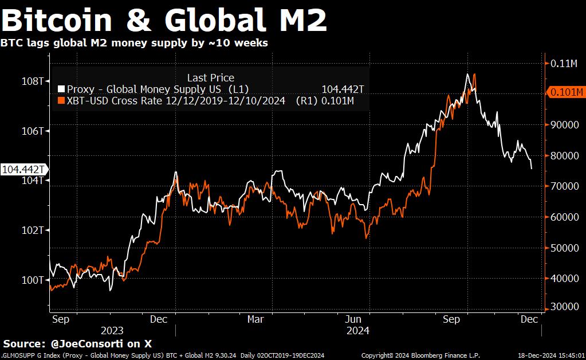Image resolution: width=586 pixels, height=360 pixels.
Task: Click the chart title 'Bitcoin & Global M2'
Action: point(164,20)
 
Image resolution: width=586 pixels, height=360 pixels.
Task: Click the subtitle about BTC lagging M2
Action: point(134,43)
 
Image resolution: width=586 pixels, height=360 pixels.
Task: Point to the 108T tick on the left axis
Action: point(33,81)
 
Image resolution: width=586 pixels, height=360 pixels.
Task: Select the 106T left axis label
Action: point(33,131)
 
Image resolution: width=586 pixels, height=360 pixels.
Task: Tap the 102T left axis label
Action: point(33,230)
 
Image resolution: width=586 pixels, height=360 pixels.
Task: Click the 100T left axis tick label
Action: point(33,280)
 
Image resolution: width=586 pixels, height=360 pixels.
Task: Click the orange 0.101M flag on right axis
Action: point(566,92)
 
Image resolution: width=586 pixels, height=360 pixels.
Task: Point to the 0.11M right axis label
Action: point(564,64)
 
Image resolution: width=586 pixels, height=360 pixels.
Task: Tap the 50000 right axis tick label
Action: point(563,248)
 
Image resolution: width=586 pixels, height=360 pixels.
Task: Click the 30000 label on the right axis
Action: point(563,307)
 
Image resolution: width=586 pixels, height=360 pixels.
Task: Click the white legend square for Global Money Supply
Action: point(61,89)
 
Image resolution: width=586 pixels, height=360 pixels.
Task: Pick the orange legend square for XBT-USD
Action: point(61,101)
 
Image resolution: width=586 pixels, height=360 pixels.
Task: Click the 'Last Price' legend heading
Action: point(210,78)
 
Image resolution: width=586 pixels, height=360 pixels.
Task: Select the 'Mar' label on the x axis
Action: point(255,319)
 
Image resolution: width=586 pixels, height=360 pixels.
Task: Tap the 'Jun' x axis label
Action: point(353,319)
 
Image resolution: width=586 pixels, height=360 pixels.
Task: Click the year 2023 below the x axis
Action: point(112,331)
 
